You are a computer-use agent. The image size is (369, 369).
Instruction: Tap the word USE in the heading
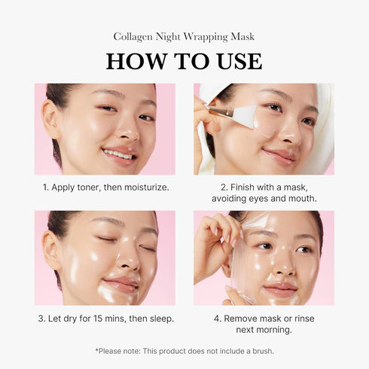click(234, 61)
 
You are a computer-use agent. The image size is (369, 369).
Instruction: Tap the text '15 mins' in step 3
click(113, 319)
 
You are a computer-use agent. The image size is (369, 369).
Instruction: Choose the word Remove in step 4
click(243, 319)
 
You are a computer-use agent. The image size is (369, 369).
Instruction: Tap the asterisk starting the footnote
click(97, 350)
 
